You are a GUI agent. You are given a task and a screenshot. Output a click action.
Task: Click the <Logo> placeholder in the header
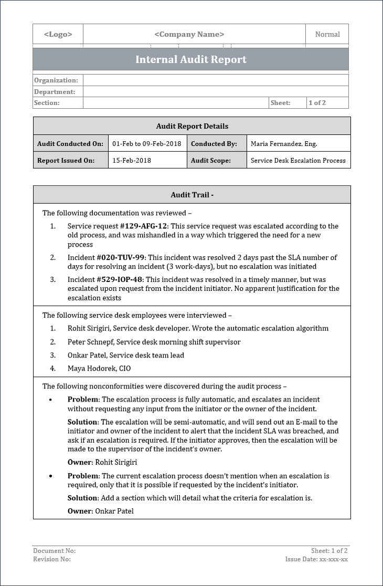tap(58, 34)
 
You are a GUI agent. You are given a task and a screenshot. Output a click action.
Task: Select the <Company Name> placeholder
tap(189, 34)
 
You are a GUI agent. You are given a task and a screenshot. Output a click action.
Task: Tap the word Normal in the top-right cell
tap(327, 34)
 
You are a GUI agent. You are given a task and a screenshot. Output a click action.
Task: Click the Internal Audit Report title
tap(191, 59)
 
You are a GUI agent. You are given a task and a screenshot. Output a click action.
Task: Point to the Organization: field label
tap(56, 80)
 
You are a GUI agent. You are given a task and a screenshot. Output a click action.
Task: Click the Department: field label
tap(55, 92)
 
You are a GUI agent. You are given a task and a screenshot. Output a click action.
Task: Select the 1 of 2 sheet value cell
tap(317, 103)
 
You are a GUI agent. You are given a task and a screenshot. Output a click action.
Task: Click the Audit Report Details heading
tap(192, 126)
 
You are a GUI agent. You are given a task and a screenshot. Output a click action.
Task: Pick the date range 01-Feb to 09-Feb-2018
tap(146, 143)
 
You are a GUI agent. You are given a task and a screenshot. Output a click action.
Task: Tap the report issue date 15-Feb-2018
tap(132, 161)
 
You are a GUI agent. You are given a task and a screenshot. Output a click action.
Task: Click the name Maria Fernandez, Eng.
tap(284, 143)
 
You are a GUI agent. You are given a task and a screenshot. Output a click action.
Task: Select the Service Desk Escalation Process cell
tap(298, 161)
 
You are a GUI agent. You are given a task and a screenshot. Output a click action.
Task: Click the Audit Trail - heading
tap(192, 195)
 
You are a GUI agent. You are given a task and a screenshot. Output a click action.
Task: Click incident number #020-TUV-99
tap(121, 258)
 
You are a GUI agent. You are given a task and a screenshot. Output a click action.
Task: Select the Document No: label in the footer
tap(55, 551)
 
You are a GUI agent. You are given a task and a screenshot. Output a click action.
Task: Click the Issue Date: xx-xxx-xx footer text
tap(316, 559)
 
